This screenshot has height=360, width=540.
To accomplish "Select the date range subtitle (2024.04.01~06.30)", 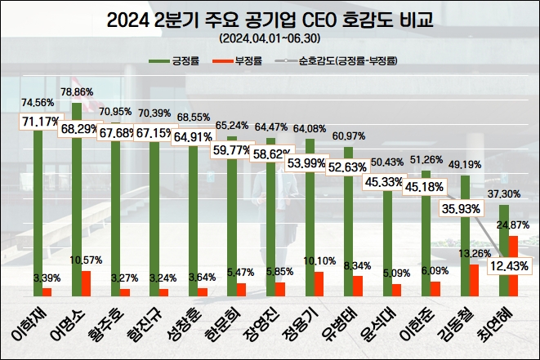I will click(x=270, y=38).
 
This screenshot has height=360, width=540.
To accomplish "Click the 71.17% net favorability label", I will click(x=38, y=122).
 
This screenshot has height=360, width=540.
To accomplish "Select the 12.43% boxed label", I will click(x=510, y=265).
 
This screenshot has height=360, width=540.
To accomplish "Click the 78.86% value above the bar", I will click(x=78, y=93).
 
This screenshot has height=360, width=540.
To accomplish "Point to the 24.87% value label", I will click(x=512, y=224).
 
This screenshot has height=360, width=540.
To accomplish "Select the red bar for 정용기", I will click(x=319, y=284).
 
